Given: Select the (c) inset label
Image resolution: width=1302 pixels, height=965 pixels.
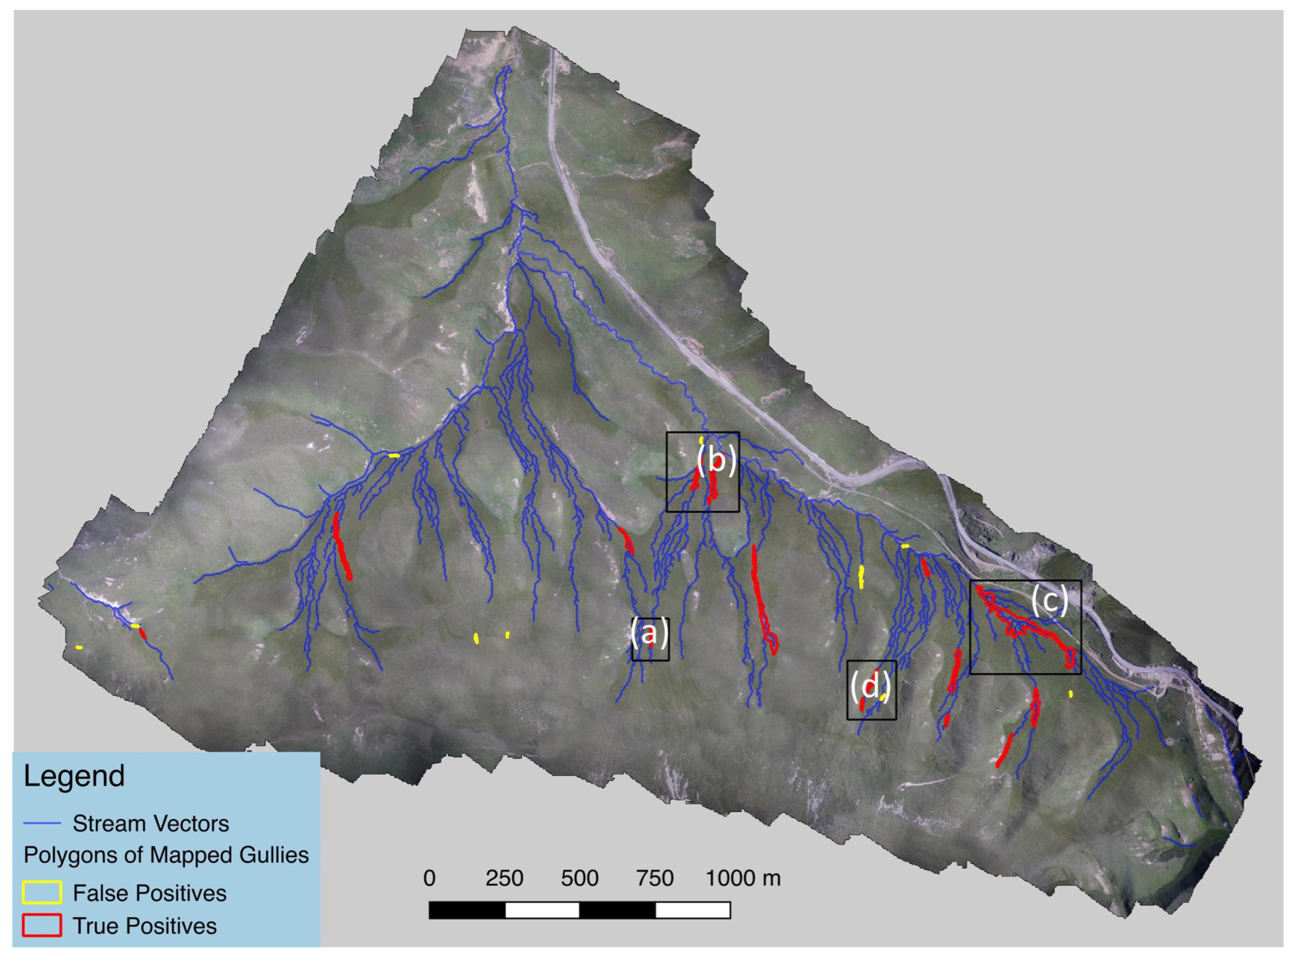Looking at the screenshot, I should click(1049, 601).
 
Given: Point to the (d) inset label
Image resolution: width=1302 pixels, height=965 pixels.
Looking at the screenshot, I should click(869, 687).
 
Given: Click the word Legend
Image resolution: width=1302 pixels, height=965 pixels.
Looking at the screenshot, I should click(74, 776).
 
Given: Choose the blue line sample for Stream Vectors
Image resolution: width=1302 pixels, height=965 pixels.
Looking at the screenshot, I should click(42, 824).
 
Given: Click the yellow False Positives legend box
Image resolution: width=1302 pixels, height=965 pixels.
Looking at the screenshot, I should click(42, 893).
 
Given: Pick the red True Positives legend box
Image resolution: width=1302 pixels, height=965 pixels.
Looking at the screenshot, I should click(42, 926).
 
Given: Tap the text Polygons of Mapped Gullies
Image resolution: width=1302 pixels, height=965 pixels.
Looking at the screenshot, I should click(166, 855).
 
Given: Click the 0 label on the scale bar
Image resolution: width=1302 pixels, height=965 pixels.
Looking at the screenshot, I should click(430, 879).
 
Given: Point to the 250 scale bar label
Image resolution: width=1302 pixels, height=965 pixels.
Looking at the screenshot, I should click(504, 879).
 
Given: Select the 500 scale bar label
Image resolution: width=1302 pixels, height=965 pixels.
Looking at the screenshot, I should click(580, 879).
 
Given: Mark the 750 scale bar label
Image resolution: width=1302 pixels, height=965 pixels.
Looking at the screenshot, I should click(655, 879).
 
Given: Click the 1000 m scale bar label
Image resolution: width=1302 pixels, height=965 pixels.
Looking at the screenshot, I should click(743, 879).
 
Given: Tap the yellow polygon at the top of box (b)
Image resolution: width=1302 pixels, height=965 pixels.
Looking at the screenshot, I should click(701, 439).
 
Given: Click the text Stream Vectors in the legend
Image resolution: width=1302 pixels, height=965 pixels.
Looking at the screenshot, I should click(151, 824).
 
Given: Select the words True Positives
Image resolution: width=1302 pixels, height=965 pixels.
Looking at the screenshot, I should click(145, 926).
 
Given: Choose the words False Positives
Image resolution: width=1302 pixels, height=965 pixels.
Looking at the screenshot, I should click(150, 893).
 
